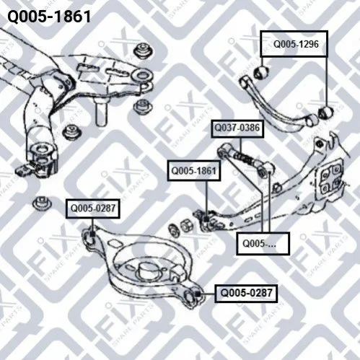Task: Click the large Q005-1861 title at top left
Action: click(x=49, y=17)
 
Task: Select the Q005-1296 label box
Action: click(x=294, y=44)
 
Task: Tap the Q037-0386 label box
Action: click(x=237, y=128)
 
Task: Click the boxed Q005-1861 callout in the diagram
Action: click(x=194, y=171)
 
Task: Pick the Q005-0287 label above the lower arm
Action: click(x=93, y=208)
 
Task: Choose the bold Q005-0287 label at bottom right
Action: click(x=246, y=293)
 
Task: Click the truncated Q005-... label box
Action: click(x=263, y=243)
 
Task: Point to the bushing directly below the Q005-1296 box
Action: click(x=261, y=72)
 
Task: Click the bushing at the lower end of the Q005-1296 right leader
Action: click(x=326, y=113)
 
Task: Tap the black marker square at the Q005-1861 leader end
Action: click(x=206, y=219)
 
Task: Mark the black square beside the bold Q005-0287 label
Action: click(x=198, y=294)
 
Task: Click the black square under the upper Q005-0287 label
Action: click(x=92, y=234)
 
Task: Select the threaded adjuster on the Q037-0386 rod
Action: click(x=245, y=157)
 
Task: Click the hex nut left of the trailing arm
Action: click(x=186, y=226)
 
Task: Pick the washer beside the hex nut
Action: click(x=174, y=230)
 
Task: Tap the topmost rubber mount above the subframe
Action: click(x=144, y=51)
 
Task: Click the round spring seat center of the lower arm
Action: click(x=147, y=271)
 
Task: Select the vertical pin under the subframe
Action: click(x=101, y=112)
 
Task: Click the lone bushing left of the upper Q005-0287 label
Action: click(x=42, y=203)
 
